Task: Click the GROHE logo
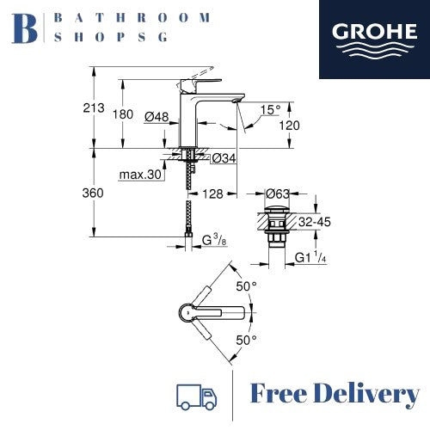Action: (374, 40)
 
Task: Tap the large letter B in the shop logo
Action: (24, 28)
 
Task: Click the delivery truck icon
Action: (196, 396)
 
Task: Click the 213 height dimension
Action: (94, 108)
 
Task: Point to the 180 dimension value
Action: (123, 114)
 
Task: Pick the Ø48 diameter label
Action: (157, 117)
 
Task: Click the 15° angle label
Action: (270, 110)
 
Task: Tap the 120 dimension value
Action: (290, 126)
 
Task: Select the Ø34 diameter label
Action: (224, 158)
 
